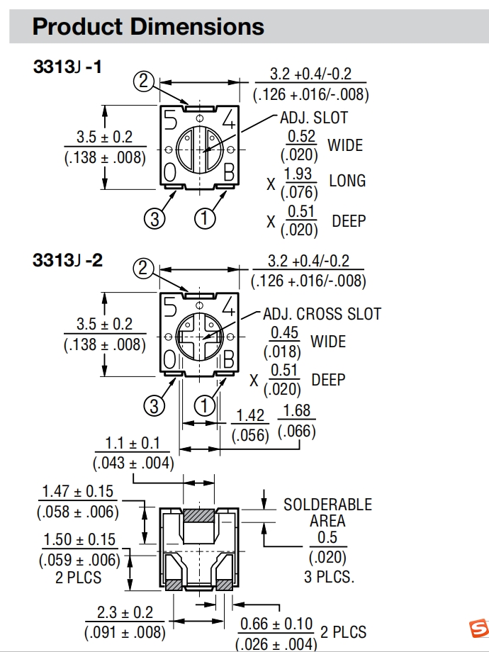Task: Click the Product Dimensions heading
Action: (148, 27)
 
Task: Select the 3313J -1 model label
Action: (67, 67)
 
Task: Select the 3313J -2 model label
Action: (67, 260)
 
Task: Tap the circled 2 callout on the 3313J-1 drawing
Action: (144, 82)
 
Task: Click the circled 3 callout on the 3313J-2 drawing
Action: (154, 405)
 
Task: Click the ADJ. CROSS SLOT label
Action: (322, 314)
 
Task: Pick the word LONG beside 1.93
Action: (347, 181)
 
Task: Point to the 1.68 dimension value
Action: (296, 411)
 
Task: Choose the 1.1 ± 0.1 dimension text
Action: (133, 444)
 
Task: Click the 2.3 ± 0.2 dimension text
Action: (125, 612)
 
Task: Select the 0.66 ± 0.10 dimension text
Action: (276, 624)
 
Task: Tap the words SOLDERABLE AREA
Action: (327, 512)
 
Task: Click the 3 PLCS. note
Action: (329, 577)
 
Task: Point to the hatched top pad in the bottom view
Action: (199, 515)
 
